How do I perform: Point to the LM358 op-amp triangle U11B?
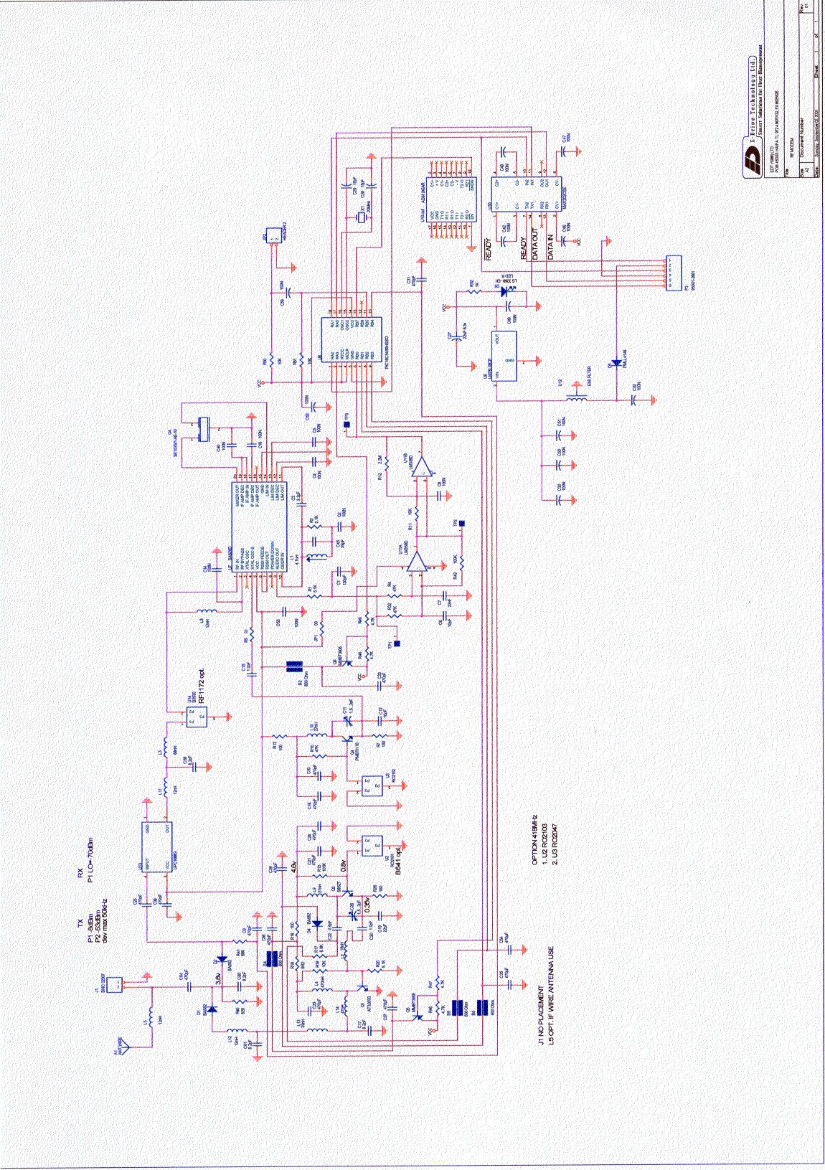point(425,468)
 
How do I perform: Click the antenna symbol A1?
point(127,1047)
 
